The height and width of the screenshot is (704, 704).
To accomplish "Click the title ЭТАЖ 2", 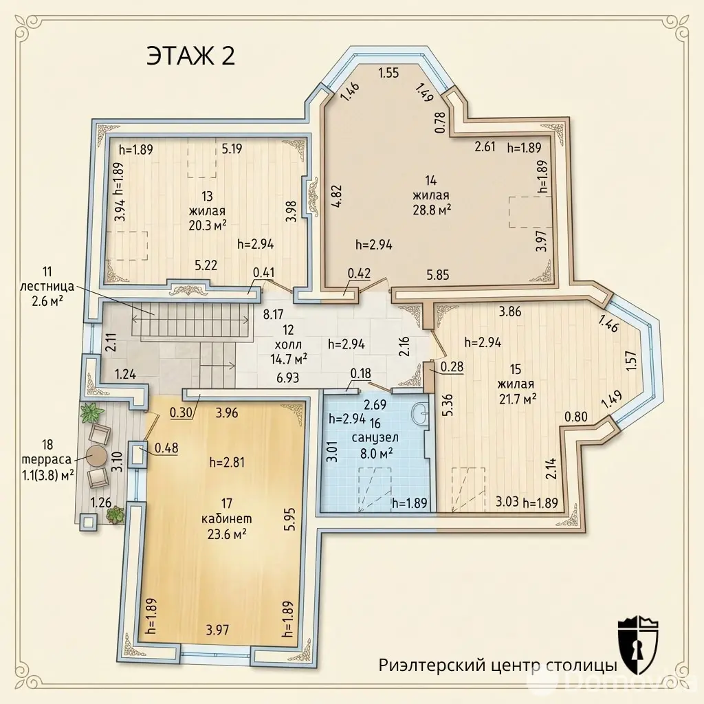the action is pos(190,57).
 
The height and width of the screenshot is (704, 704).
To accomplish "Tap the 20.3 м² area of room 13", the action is pos(207,225).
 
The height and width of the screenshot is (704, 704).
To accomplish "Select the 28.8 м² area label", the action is pos(432,210).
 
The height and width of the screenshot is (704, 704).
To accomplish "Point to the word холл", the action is pos(288,344).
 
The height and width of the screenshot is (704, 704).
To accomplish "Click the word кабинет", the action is pos(226,518).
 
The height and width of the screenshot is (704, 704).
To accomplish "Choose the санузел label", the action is pos(375,437).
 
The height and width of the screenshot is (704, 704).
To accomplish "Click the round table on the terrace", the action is pos(96,456).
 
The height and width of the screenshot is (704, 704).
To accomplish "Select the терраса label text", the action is pos(47,459).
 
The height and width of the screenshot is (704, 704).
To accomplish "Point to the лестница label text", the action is pos(47,286).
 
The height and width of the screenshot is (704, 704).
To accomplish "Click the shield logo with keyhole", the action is pos(637,645).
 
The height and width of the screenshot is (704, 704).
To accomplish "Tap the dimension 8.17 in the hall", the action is pos(274,313).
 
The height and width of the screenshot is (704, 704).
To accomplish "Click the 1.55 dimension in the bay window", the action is pos(388,73).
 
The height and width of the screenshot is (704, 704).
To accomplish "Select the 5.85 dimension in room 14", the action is pos(438,274).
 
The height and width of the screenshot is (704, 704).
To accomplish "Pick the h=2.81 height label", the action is pos(227,462).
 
